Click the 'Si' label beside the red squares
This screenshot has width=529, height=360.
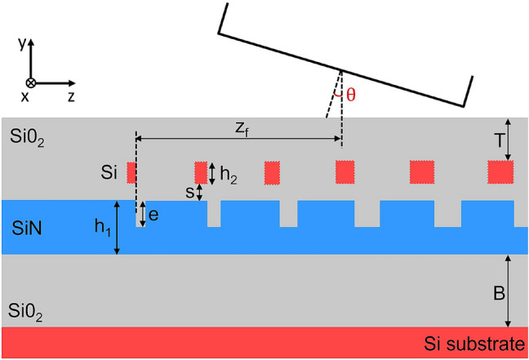108,172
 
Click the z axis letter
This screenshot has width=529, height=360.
72,96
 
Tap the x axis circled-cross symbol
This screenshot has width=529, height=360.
31,83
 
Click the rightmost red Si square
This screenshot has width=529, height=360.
500,172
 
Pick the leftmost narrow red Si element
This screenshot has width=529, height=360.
131,172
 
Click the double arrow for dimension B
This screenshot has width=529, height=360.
508,291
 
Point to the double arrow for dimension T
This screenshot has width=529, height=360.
508,140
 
